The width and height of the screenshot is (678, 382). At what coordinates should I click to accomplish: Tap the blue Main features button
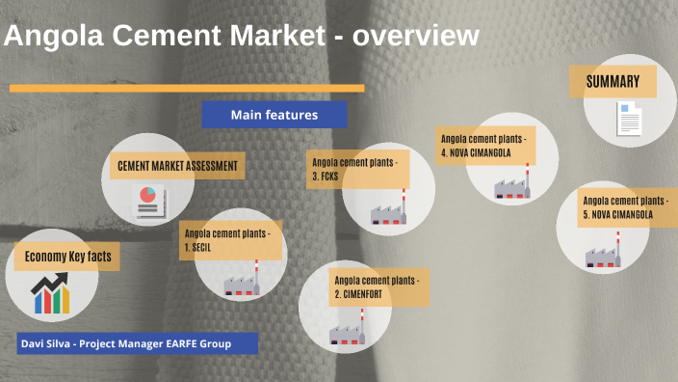click(x=274, y=115)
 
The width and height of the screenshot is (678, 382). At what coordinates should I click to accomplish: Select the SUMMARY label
click(x=613, y=81)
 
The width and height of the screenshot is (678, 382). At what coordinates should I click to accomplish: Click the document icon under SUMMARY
click(x=629, y=118)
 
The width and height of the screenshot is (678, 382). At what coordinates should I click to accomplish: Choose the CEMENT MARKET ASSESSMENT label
click(x=177, y=166)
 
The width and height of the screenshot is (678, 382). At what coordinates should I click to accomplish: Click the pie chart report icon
click(x=147, y=200)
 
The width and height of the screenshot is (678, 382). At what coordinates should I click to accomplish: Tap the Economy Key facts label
click(x=67, y=256)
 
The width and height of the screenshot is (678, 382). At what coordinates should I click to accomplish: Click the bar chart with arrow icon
click(x=50, y=294)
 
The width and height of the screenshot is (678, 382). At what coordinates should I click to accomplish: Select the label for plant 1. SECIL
click(x=230, y=240)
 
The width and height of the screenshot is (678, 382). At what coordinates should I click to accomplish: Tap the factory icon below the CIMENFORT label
click(x=348, y=330)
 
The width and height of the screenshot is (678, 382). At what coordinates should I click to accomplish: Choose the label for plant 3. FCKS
click(x=358, y=170)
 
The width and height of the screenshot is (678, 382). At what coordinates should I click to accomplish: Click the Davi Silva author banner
click(x=137, y=343)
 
